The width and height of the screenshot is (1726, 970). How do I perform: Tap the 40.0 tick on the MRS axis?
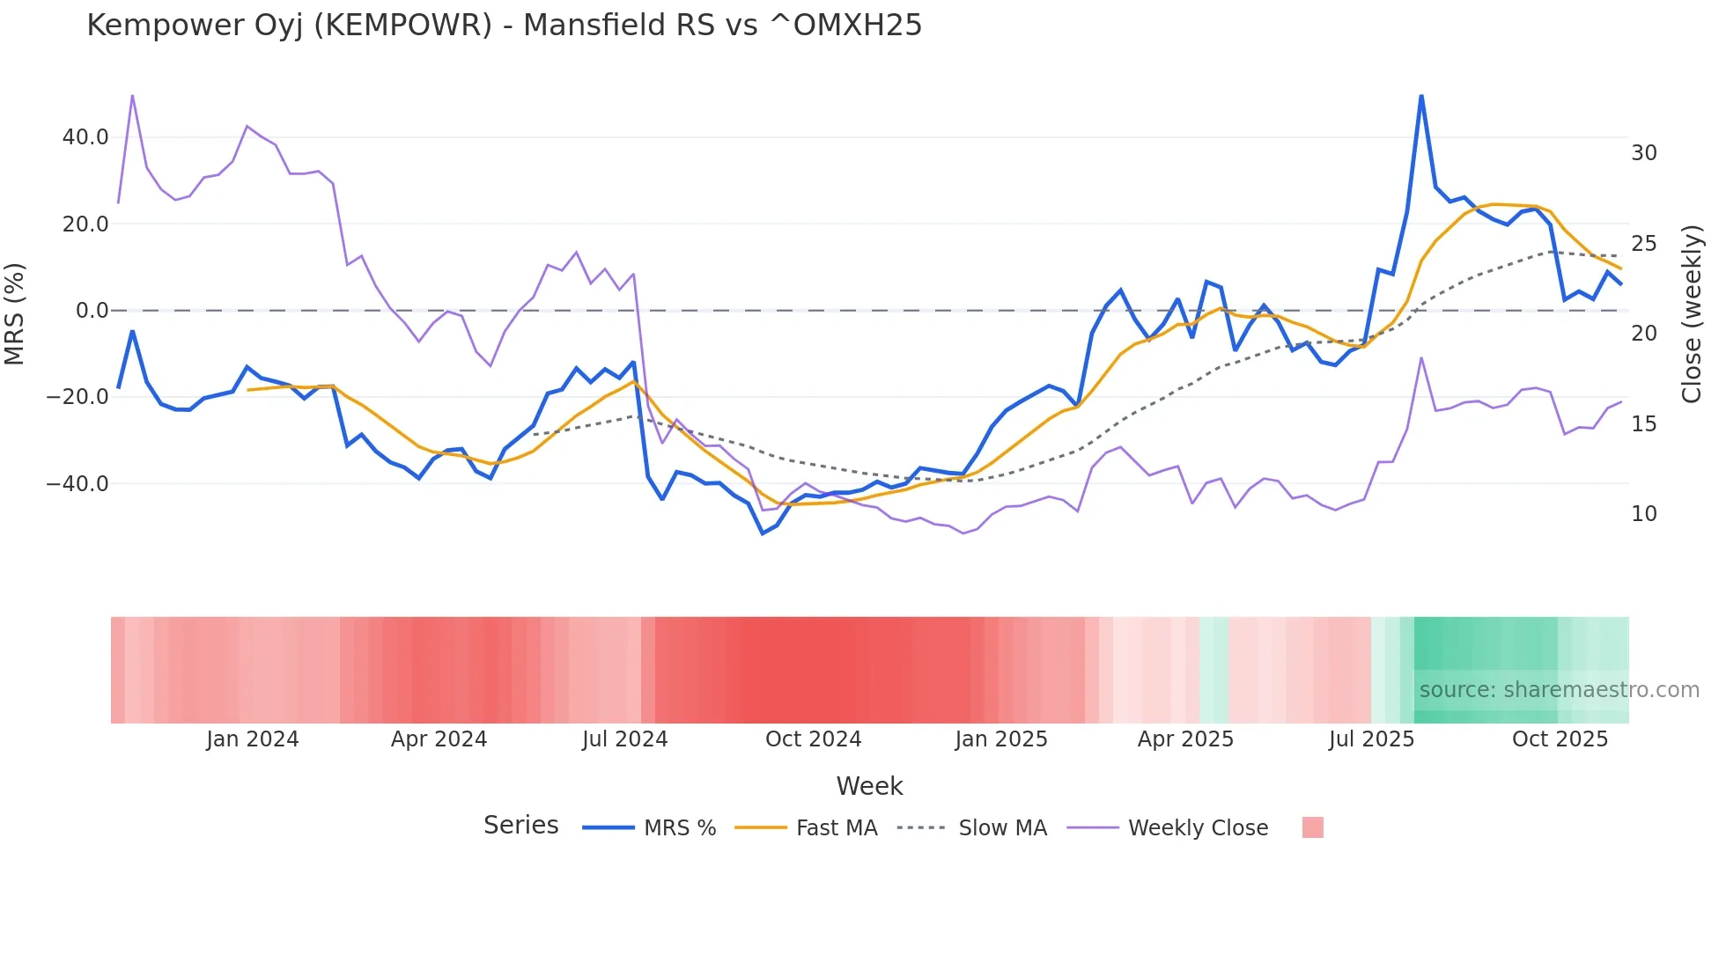pyautogui.click(x=85, y=137)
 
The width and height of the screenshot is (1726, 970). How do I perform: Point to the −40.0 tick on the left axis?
pyautogui.click(x=77, y=484)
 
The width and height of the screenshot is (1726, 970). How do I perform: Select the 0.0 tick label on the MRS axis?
pyautogui.click(x=92, y=311)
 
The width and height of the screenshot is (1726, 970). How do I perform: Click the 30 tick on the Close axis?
pyautogui.click(x=1643, y=153)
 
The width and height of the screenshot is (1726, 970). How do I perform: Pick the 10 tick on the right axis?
pyautogui.click(x=1643, y=514)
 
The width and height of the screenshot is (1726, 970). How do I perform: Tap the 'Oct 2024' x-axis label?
pyautogui.click(x=813, y=739)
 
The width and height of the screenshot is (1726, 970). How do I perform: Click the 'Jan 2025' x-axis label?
pyautogui.click(x=1000, y=739)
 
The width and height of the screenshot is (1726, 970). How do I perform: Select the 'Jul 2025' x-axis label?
pyautogui.click(x=1371, y=739)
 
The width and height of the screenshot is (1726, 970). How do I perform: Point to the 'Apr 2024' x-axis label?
pyautogui.click(x=439, y=739)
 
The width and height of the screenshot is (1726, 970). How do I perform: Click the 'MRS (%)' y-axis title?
pyautogui.click(x=15, y=313)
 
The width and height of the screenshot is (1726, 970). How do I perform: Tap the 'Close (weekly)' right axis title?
pyautogui.click(x=1692, y=314)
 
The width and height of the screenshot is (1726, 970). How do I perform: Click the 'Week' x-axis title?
pyautogui.click(x=869, y=786)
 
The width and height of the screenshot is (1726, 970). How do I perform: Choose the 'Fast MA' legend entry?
pyautogui.click(x=836, y=828)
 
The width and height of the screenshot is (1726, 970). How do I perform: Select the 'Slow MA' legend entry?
pyautogui.click(x=1002, y=828)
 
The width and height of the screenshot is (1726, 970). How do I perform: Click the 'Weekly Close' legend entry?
pyautogui.click(x=1198, y=828)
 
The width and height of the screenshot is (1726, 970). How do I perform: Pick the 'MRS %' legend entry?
pyautogui.click(x=679, y=828)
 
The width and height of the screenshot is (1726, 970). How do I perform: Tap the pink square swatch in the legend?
pyautogui.click(x=1312, y=827)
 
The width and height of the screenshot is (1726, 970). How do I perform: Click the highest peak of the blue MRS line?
pyautogui.click(x=1420, y=95)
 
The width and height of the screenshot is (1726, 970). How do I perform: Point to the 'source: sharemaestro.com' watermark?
pyautogui.click(x=1559, y=690)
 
